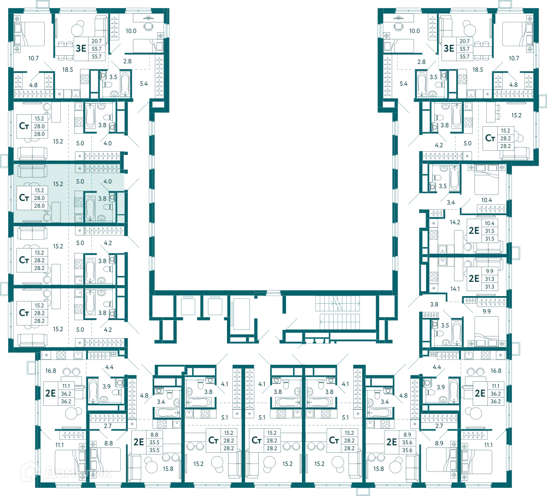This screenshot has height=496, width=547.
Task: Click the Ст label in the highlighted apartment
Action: pyautogui.click(x=24, y=198)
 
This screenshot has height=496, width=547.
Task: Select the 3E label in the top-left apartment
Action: pyautogui.click(x=81, y=48)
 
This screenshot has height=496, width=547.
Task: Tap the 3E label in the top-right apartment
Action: pyautogui.click(x=449, y=48)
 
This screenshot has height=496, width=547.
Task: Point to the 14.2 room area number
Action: pyautogui.click(x=455, y=222)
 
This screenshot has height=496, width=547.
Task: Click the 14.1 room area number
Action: pyautogui.click(x=455, y=289)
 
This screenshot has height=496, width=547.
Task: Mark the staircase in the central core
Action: pyautogui.click(x=337, y=312)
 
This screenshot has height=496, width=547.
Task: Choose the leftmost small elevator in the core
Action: pyautogui.click(x=188, y=306)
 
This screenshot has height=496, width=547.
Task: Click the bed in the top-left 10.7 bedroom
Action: pyautogui.click(x=30, y=34)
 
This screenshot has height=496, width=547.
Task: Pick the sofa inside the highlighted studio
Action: pyautogui.click(x=32, y=170)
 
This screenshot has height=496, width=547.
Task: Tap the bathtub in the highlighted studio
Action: pyautogui.click(x=90, y=209)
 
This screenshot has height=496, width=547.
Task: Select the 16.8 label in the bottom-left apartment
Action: pyautogui.click(x=50, y=370)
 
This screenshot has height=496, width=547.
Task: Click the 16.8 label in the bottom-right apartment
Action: pyautogui.click(x=496, y=370)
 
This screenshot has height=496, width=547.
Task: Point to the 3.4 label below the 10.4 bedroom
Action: pyautogui.click(x=451, y=202)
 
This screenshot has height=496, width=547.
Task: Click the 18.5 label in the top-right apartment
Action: pyautogui.click(x=478, y=70)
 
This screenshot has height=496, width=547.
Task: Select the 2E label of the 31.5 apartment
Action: pyautogui.click(x=474, y=231)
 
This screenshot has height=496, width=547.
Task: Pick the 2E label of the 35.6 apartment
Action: pyautogui.click(x=392, y=442)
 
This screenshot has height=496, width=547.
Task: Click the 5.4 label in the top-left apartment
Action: pyautogui.click(x=144, y=84)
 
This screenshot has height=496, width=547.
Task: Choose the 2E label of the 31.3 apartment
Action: pyautogui.click(x=474, y=279)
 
